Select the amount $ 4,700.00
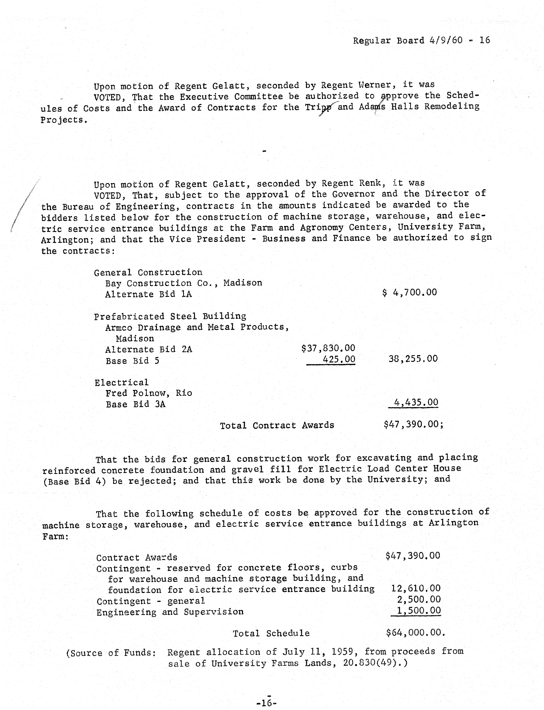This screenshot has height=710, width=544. [410, 292]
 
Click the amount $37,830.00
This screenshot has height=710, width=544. [328, 348]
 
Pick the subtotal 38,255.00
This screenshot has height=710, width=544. [413, 359]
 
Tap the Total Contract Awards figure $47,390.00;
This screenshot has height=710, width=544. [413, 424]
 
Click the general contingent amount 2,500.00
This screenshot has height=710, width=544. [419, 599]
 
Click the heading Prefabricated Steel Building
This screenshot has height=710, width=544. [170, 316]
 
